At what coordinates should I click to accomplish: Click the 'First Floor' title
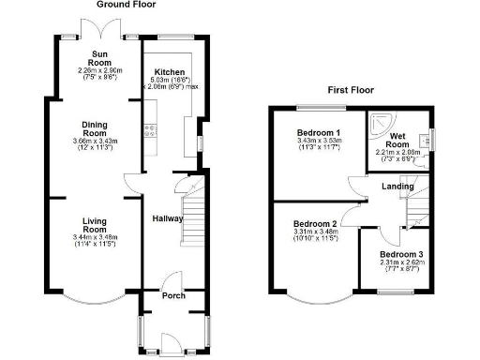351,90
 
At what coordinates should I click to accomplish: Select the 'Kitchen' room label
170,71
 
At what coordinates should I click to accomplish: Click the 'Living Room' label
93,223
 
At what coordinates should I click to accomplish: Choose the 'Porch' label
172,295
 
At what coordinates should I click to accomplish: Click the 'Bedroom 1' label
319,132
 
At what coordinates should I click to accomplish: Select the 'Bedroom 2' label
315,224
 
